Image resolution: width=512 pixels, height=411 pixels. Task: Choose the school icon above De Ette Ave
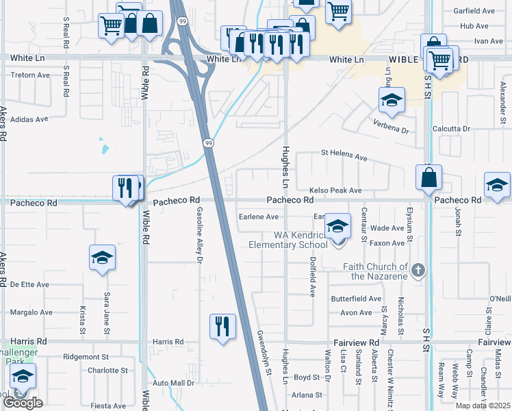click(x=102, y=258)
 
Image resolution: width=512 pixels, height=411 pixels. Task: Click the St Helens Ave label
click(x=344, y=157)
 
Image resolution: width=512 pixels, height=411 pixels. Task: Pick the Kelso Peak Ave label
click(x=335, y=190)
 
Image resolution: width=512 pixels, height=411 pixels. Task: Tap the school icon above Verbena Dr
click(x=392, y=101)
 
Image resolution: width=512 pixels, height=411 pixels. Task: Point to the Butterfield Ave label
click(x=356, y=299)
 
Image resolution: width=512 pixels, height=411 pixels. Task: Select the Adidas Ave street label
click(x=28, y=119)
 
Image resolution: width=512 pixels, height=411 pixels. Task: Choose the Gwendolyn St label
click(x=264, y=351)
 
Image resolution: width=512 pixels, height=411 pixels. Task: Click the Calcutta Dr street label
click(x=452, y=129)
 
